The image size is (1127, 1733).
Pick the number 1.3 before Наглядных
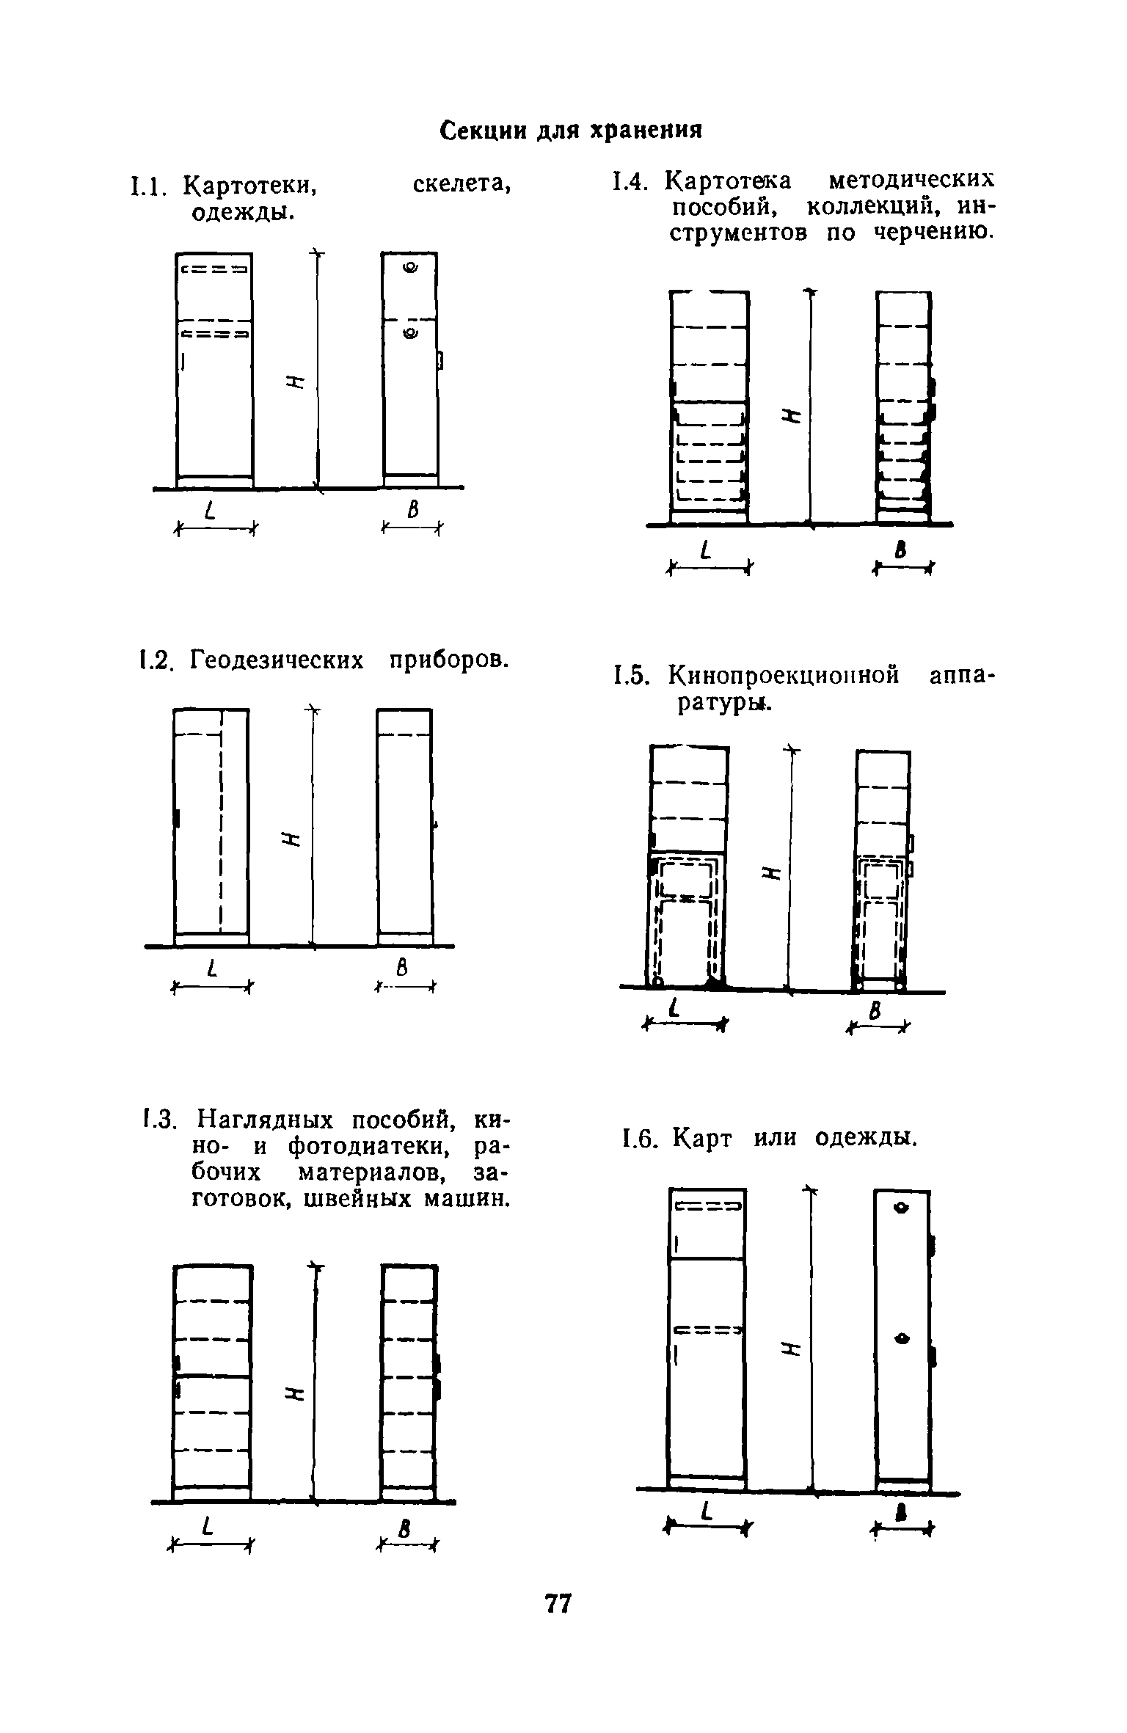tap(157, 1121)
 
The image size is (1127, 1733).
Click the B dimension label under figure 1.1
tap(413, 510)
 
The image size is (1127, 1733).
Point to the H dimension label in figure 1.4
tap(790, 415)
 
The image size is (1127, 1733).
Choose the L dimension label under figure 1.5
tap(673, 1012)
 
